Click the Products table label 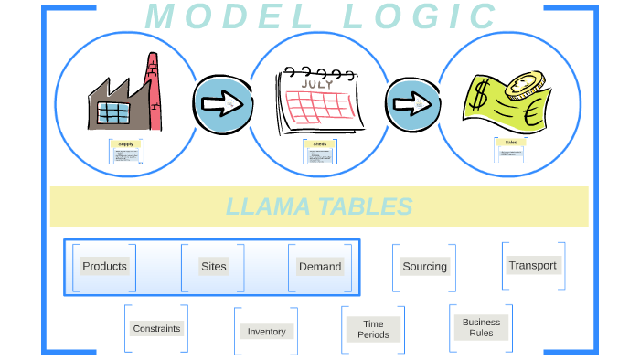104,266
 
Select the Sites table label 213,266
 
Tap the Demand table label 320,267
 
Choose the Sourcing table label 425,267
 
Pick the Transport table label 532,265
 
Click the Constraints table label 156,328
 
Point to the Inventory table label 267,331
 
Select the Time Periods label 373,329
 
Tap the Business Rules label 481,327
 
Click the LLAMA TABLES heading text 319,206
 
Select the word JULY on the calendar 316,82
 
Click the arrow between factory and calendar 221,102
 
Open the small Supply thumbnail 126,151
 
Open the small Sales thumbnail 510,149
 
